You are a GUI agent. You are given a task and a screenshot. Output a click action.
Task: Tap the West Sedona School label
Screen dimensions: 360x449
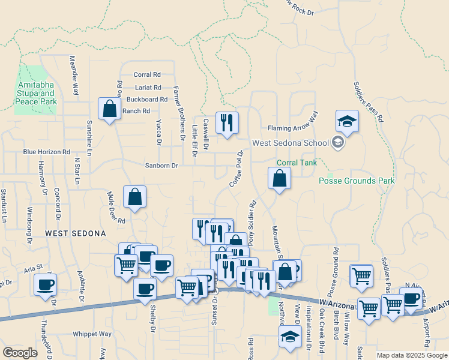tap(291, 143)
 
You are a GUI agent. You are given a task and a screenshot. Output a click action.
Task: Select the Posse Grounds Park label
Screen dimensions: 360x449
tap(357, 180)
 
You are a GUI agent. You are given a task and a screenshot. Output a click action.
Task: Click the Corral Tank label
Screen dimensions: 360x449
tap(295, 163)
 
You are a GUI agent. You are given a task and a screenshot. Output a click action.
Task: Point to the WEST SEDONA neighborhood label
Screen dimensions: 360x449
tap(76, 233)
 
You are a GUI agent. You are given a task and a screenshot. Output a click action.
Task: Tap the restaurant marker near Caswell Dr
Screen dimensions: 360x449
tap(227, 123)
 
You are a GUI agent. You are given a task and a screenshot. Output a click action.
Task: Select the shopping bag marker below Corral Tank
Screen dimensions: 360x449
tap(279, 178)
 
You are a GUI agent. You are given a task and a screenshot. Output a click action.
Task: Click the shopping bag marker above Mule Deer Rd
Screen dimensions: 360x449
tap(135, 197)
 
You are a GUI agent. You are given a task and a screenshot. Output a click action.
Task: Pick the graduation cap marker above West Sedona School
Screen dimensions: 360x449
tap(347, 122)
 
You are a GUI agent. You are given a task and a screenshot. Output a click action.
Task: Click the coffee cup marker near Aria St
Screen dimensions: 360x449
tap(45, 285)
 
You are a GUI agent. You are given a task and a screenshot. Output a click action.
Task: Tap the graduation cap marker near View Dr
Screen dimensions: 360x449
tap(290, 337)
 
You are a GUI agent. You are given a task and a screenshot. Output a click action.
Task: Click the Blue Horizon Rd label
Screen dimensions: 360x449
tap(47, 152)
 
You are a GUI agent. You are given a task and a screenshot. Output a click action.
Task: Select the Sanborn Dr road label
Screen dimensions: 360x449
tap(162, 166)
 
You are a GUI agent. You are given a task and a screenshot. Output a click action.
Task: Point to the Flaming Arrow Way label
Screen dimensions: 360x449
tap(292, 128)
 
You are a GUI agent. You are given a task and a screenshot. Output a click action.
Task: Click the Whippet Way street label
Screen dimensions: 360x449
tap(92, 334)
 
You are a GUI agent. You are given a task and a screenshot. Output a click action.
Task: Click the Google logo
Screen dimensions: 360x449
tap(20, 353)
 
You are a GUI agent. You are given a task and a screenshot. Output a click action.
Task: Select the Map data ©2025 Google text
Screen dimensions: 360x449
tap(411, 355)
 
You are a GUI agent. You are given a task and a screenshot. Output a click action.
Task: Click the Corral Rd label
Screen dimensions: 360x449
tap(147, 75)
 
